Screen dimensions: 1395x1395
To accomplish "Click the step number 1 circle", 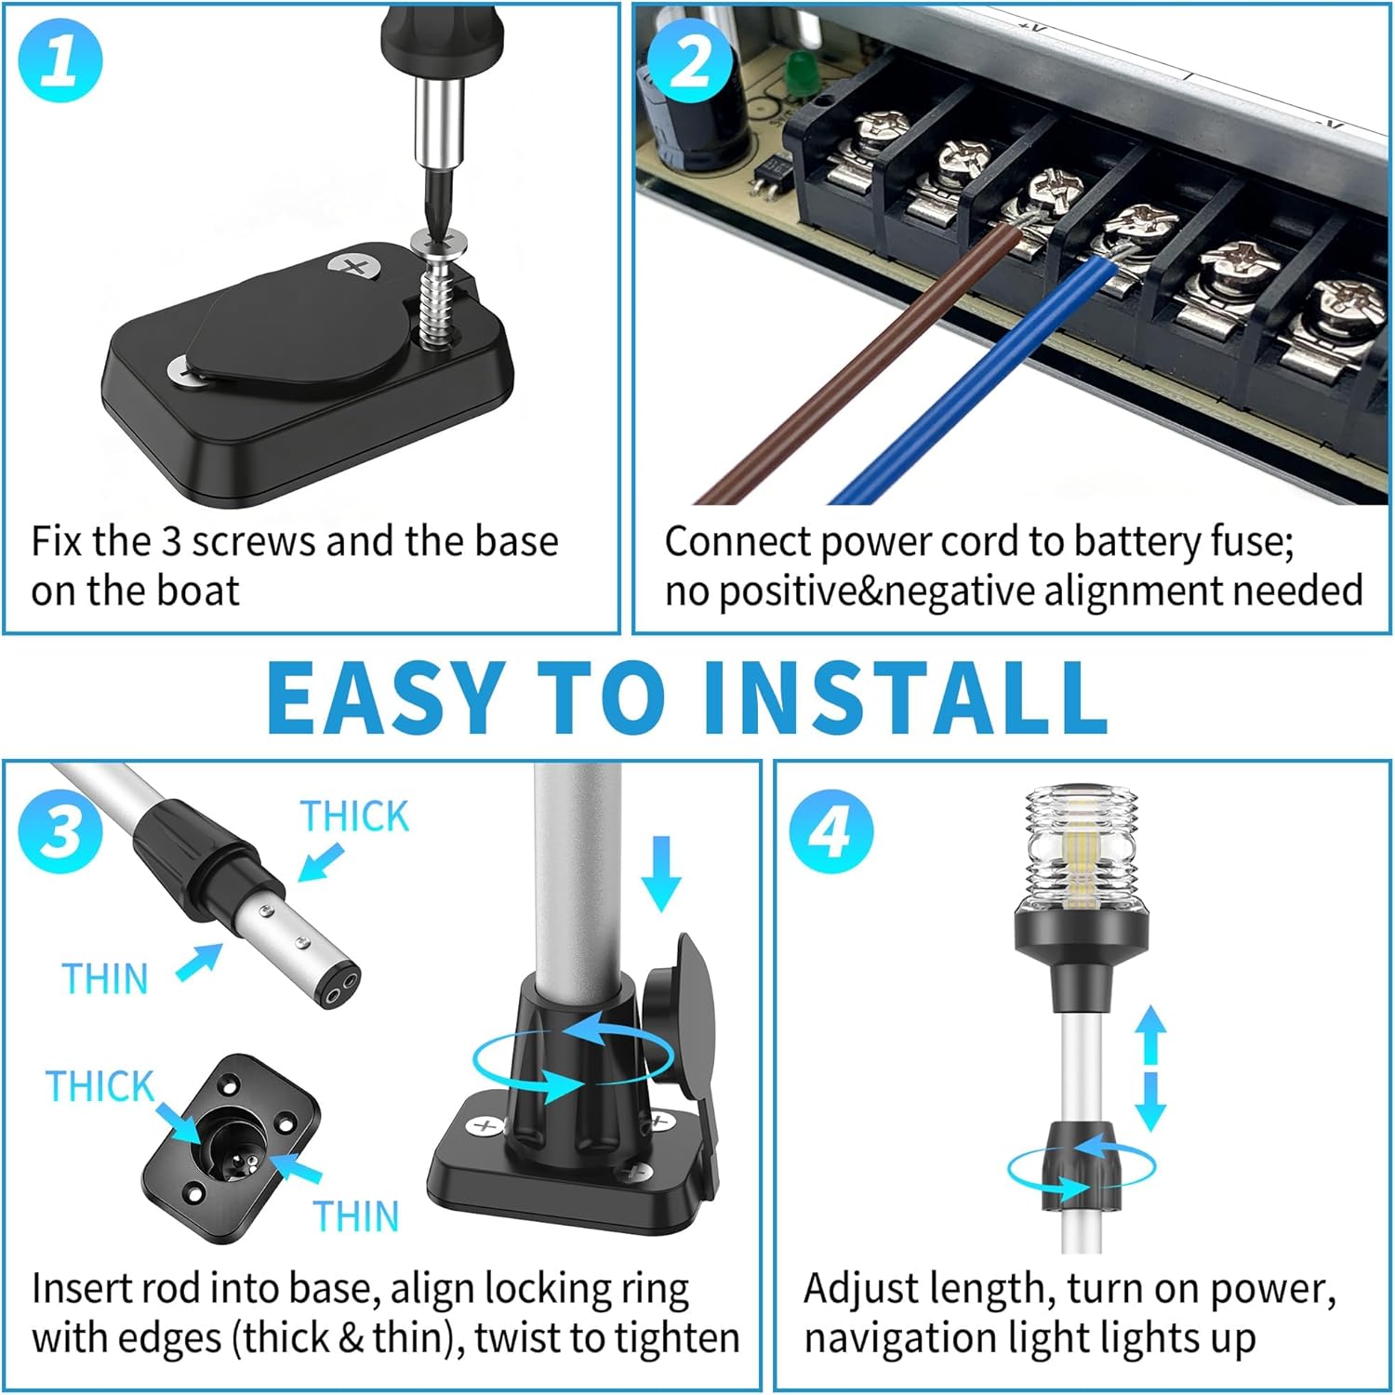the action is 60,60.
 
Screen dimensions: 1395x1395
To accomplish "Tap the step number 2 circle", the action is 690,63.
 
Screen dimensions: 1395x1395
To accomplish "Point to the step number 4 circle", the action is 831,830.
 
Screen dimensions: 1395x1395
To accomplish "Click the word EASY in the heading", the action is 384,697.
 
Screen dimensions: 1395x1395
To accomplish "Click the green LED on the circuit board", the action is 798,70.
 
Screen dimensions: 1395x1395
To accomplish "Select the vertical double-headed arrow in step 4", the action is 1150,1068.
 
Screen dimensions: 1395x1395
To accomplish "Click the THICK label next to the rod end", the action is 354,817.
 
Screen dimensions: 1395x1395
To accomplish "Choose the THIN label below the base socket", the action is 356,1216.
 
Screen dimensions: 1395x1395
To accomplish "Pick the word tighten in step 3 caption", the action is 678,1338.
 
